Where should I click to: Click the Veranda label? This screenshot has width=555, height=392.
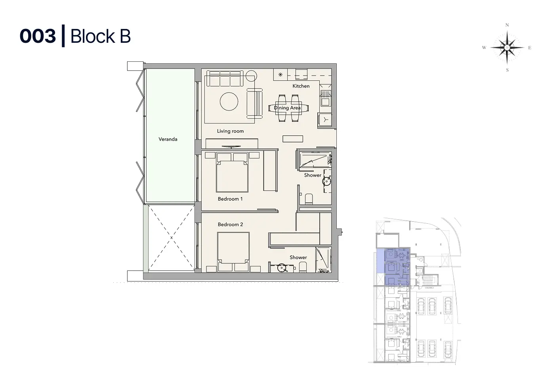point(168,139)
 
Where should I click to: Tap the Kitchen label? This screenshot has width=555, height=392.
point(301,86)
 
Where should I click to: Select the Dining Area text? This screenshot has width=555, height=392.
point(287,108)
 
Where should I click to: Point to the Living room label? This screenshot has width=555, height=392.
point(230,131)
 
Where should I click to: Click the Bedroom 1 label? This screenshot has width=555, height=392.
point(230,199)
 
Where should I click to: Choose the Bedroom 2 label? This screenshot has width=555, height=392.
point(230,225)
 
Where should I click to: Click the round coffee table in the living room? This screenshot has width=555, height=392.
point(229,101)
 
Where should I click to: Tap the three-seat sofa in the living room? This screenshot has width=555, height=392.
point(225,78)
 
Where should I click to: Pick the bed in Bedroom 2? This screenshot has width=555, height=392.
point(233,251)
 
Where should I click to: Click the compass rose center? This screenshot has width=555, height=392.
point(507,47)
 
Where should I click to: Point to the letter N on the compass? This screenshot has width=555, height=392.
point(507,25)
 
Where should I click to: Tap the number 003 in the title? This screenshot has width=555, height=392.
point(38,36)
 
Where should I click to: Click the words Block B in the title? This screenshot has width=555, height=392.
point(100,36)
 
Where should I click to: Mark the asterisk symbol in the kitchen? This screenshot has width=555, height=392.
point(280,74)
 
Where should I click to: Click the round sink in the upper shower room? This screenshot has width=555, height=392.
point(327,181)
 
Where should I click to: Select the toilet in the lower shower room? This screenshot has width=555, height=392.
point(303,267)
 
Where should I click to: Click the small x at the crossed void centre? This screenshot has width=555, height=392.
point(171,238)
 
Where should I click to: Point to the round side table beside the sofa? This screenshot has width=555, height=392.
point(251,76)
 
